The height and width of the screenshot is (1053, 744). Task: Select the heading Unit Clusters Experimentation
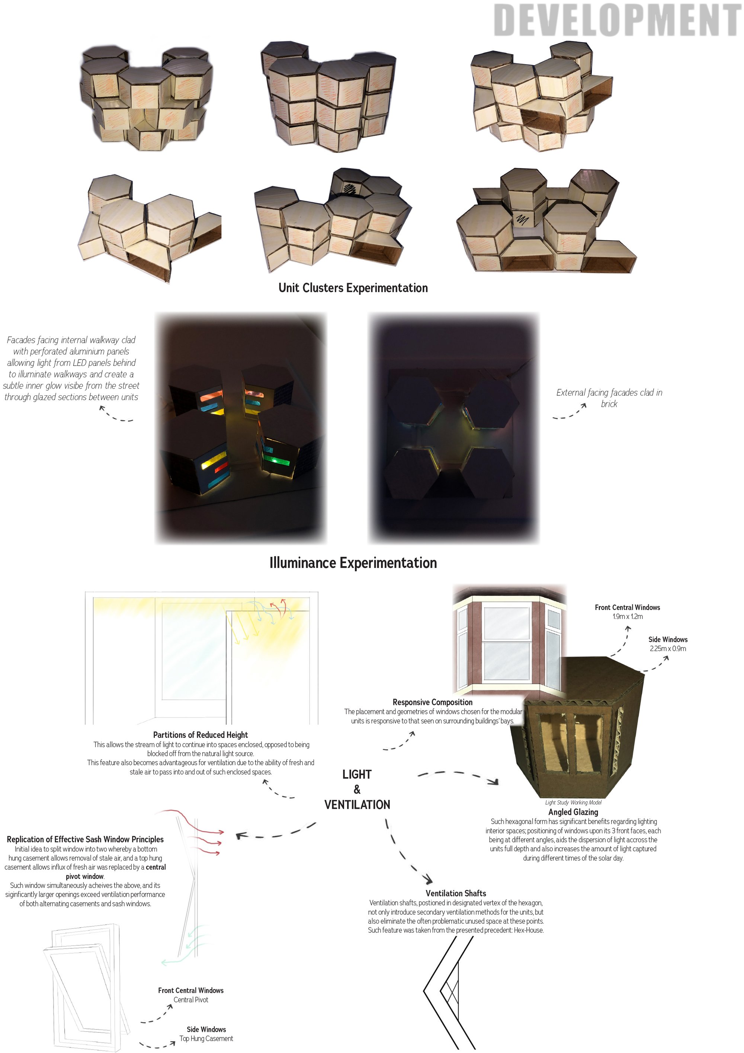pos(353,288)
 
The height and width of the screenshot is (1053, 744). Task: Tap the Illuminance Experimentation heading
pos(353,563)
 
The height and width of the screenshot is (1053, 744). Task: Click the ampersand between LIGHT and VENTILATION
pos(357,789)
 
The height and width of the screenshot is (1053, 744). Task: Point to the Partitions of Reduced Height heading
pos(201,735)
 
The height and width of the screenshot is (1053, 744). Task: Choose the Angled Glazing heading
pos(573,812)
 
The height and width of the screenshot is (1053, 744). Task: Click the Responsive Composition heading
pos(432,702)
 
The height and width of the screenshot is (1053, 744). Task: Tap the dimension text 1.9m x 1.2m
pos(628,616)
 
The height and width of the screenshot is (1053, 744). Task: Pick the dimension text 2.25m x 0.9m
pos(667,648)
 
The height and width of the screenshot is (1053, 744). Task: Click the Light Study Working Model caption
pos(573,802)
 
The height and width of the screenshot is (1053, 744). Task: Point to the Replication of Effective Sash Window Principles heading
pos(85,839)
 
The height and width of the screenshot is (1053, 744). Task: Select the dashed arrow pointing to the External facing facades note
pos(569,411)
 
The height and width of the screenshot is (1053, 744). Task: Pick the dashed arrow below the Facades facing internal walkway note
pos(116,414)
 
